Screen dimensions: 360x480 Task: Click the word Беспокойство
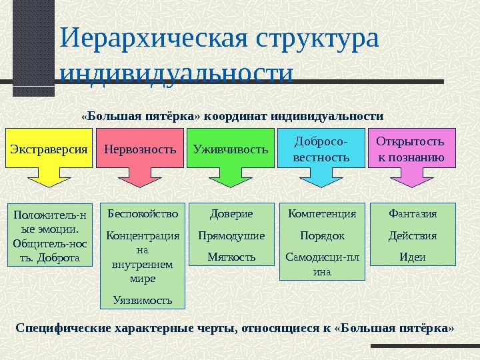pos(143,214)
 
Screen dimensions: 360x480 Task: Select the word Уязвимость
pos(143,300)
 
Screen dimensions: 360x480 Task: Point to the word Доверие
pos(231,214)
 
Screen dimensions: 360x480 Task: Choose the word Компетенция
pos(322,214)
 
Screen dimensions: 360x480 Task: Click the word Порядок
pos(322,235)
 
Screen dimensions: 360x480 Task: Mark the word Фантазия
pos(413,214)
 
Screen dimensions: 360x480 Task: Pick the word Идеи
pos(413,257)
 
